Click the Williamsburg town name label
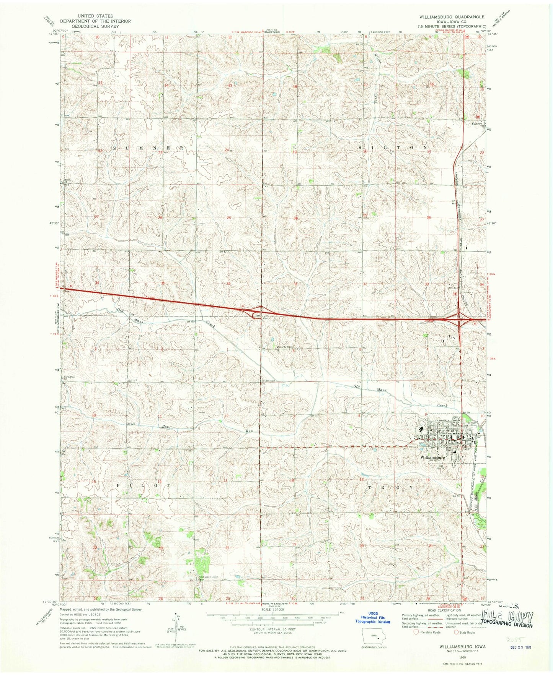[432, 457]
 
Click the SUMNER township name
[149, 147]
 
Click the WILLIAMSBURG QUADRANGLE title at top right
[453, 17]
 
